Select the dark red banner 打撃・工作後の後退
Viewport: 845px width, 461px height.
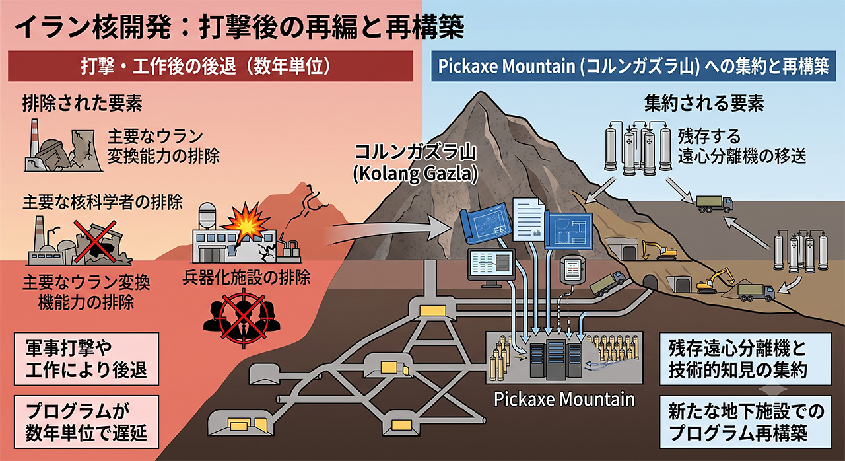point(211,66)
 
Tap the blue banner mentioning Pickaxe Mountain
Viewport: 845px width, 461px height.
point(633,66)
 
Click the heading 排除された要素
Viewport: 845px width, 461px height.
point(83,102)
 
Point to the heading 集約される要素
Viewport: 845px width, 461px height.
point(704,102)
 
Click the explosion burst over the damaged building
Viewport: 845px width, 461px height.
point(246,223)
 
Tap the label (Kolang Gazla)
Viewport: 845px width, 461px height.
point(415,174)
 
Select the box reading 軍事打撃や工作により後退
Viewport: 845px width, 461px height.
point(86,359)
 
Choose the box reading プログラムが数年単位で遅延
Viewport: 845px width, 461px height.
point(86,422)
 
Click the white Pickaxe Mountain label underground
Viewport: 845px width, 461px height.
point(564,399)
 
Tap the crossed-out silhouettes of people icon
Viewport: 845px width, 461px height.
point(242,319)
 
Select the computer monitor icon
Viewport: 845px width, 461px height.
point(492,267)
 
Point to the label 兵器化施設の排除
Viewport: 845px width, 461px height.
point(247,278)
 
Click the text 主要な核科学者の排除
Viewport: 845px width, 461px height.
point(102,202)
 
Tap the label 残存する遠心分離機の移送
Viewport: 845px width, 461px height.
point(741,147)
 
